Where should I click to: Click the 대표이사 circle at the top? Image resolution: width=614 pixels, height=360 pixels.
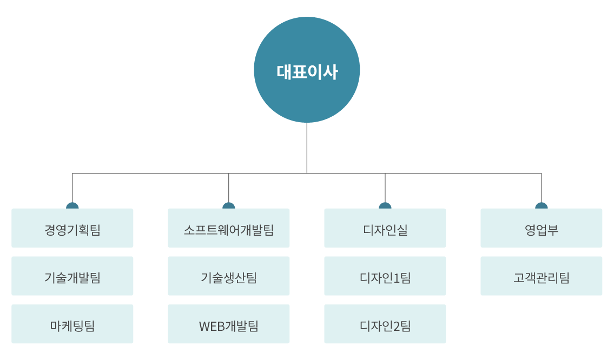307,70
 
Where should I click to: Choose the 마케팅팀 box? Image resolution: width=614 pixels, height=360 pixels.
72,324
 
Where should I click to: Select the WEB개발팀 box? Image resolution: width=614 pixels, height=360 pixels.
229,324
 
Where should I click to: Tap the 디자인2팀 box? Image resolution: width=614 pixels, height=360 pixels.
385,324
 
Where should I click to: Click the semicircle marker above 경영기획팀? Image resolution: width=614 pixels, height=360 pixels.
72,205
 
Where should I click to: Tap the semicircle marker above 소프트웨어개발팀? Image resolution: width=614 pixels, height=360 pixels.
229,205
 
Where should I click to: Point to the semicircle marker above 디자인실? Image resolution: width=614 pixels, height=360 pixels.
385,205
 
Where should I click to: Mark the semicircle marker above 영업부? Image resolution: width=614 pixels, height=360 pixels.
542,205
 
